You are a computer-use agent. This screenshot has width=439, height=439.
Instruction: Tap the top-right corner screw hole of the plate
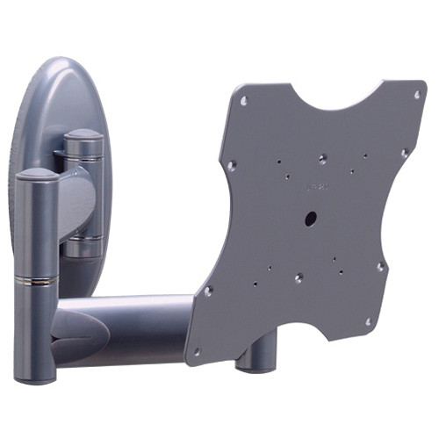tap(416, 94)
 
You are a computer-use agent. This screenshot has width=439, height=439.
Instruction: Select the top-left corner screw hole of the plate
tap(243, 100)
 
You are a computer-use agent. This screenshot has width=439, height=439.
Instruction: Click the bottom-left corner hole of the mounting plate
tap(196, 350)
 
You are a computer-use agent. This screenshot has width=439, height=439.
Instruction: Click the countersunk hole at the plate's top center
tap(323, 158)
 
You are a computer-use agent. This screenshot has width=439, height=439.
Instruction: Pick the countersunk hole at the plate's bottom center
tap(299, 277)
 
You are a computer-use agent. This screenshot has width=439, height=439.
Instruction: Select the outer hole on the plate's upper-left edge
tap(231, 164)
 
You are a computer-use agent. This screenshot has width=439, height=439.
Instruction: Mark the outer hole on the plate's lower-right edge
tap(380, 266)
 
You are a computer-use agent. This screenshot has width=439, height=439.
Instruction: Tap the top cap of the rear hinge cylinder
tap(84, 137)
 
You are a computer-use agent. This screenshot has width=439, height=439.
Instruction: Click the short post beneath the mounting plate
tap(254, 356)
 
